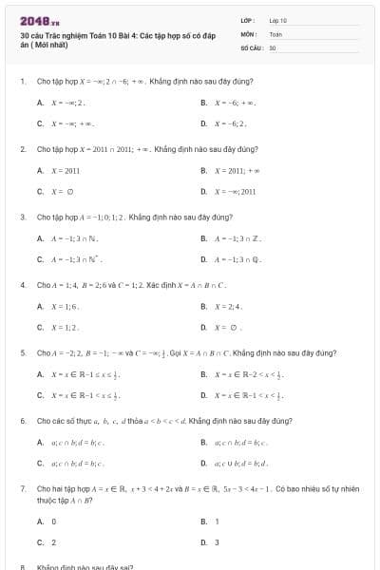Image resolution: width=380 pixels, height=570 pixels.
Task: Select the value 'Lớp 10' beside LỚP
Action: pyautogui.click(x=278, y=19)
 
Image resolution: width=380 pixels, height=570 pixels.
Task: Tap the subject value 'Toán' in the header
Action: pyautogui.click(x=276, y=33)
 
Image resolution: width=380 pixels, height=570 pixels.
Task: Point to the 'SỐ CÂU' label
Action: pyautogui.click(x=250, y=47)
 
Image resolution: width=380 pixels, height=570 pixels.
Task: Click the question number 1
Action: pyautogui.click(x=22, y=81)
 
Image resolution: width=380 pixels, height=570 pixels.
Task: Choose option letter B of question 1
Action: pyautogui.click(x=203, y=102)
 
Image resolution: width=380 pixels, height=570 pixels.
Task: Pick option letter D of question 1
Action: pyautogui.click(x=203, y=123)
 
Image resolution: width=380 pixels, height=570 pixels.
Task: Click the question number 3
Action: pyautogui.click(x=22, y=217)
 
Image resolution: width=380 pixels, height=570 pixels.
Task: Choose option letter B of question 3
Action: pyautogui.click(x=203, y=238)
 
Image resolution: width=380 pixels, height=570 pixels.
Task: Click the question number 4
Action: pyautogui.click(x=22, y=285)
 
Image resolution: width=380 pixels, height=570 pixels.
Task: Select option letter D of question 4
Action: pyautogui.click(x=203, y=328)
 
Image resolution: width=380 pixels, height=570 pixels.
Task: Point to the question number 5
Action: pyautogui.click(x=22, y=352)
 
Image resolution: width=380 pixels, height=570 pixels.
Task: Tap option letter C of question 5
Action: pyautogui.click(x=40, y=395)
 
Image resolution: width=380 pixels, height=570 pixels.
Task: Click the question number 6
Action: pyautogui.click(x=22, y=420)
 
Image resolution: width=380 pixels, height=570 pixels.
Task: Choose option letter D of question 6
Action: pyautogui.click(x=203, y=463)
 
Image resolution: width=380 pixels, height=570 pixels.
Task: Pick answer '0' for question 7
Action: pyautogui.click(x=53, y=522)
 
